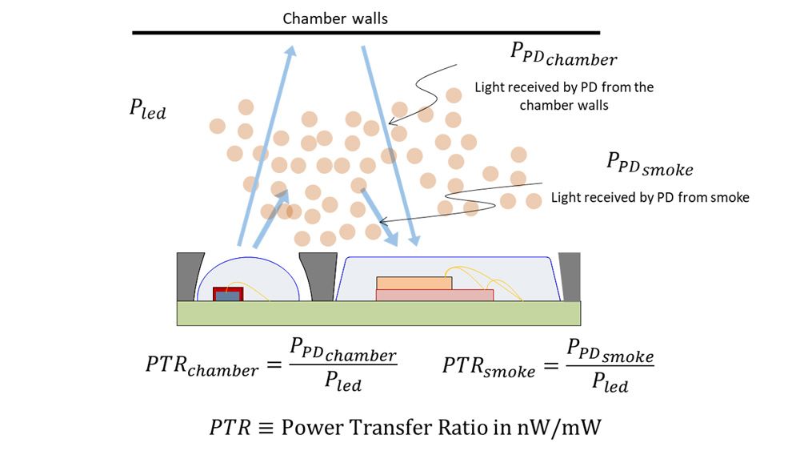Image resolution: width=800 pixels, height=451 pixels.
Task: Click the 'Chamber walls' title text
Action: click(335, 18)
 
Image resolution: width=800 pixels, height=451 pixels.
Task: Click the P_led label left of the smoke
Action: click(147, 110)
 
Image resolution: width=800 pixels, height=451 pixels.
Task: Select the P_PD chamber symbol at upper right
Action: click(563, 54)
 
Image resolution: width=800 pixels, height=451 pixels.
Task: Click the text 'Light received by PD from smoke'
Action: click(650, 197)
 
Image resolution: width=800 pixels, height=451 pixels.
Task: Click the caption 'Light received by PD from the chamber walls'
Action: click(564, 95)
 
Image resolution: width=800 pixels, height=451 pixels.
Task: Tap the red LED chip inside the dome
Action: click(227, 294)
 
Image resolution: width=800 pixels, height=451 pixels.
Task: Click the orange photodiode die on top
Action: click(414, 283)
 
